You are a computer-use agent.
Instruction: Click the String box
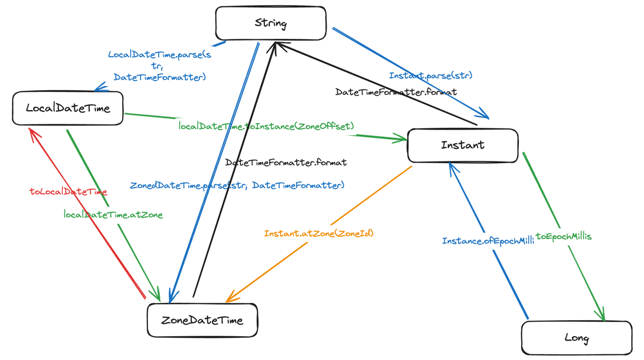point(271,23)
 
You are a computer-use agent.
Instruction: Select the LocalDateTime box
point(67,108)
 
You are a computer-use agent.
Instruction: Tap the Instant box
point(462,145)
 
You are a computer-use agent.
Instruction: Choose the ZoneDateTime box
point(202,320)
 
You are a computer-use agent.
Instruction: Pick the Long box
point(576,338)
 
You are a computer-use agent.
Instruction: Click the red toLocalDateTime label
point(68,192)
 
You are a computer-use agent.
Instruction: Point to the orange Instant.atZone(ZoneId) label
point(319,233)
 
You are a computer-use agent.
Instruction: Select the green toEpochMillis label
point(563,236)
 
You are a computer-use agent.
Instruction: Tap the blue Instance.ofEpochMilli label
point(488,241)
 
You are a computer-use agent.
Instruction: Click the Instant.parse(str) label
point(430,75)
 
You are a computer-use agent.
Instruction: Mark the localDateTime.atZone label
point(113,215)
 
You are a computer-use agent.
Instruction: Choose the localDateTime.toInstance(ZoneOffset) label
point(266,126)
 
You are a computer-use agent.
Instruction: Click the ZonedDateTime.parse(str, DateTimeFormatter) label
point(237,185)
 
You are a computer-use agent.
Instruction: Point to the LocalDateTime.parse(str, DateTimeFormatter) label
point(159,66)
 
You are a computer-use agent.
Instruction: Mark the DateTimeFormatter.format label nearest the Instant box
point(396,92)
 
